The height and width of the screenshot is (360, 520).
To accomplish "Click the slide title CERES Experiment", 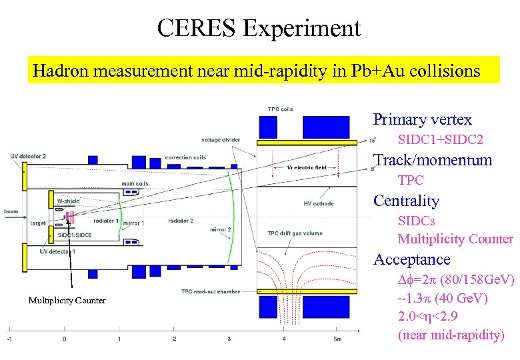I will tap(259, 28).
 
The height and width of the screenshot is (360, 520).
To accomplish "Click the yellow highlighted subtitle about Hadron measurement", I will tap(256, 71).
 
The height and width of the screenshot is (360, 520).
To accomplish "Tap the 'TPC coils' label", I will tap(280, 109).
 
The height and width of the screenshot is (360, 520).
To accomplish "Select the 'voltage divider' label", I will tap(222, 140).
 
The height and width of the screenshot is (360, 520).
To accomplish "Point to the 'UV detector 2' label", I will tap(28, 156).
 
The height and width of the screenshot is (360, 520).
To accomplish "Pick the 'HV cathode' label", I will tap(318, 203).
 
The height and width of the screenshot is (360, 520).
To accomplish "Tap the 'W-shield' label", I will tap(68, 201).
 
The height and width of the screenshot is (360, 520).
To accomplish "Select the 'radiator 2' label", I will tap(181, 221).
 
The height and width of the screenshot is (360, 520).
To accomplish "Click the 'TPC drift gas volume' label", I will tap(295, 233).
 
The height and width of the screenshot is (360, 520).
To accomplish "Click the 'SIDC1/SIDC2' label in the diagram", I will tap(75, 235).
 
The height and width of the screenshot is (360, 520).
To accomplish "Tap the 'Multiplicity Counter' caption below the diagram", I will tap(67, 301).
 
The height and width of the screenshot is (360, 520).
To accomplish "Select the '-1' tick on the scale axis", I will tap(9, 339).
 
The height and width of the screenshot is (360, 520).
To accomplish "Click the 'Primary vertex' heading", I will tap(422, 120).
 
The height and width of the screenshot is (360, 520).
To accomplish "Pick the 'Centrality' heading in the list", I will tap(406, 201).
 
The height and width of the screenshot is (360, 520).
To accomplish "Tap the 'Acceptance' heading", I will tap(411, 259).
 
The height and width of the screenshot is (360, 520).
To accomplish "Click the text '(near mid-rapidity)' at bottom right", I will tap(451, 335).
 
